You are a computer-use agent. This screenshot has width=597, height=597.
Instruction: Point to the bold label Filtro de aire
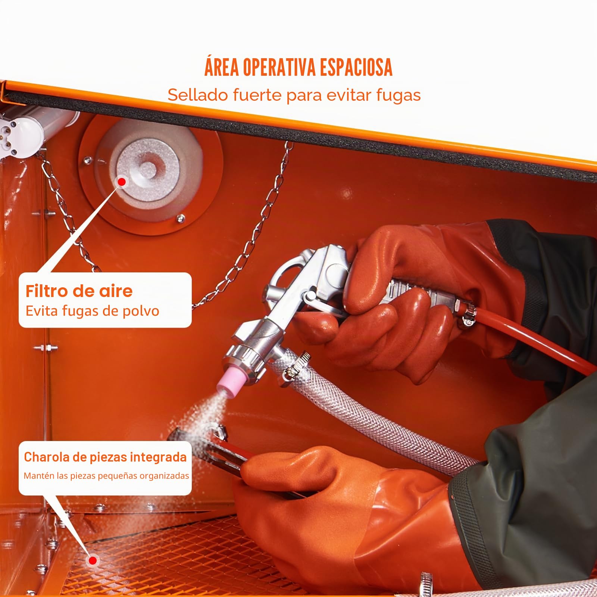tap(79, 291)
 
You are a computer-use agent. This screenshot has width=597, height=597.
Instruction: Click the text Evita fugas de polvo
tap(92, 311)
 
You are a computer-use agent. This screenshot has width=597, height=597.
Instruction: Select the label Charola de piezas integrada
tap(105, 457)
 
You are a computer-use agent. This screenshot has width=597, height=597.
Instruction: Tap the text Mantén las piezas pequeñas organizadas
tap(106, 476)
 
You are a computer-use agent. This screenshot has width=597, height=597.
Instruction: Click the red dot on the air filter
tap(122, 182)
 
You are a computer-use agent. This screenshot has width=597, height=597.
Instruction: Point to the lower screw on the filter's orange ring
tap(181, 218)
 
